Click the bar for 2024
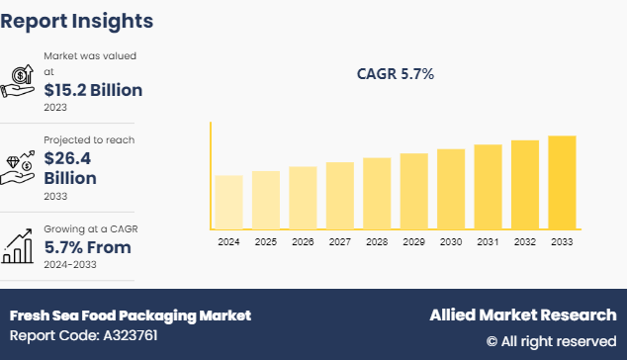[x=228, y=203]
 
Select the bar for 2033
[x=562, y=183]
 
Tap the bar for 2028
[x=377, y=194]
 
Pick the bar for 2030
[x=451, y=189]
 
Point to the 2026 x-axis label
[x=303, y=241]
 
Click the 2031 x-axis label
[x=488, y=241]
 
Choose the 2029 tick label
[x=413, y=241]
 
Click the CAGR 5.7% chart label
[x=395, y=74]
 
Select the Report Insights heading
[x=77, y=20]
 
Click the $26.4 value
[x=70, y=158]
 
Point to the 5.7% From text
[x=89, y=246]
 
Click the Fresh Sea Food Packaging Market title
[x=131, y=315]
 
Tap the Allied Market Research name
[x=522, y=315]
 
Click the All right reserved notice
[x=551, y=340]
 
